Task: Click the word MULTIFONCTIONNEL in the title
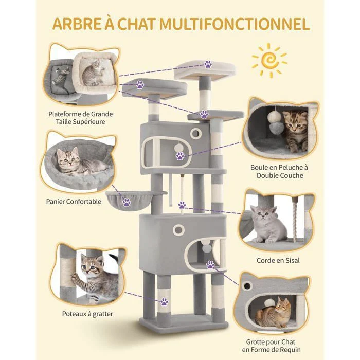[235, 24]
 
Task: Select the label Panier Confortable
[74, 202]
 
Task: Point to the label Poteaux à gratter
[87, 314]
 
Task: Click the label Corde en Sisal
[278, 260]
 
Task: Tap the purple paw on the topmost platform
[208, 64]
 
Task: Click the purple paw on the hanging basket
[127, 202]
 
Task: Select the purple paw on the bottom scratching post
[164, 302]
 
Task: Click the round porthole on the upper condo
[196, 133]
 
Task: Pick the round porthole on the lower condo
[178, 229]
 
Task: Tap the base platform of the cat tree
[184, 322]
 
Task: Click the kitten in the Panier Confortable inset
[79, 162]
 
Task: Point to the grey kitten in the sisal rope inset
[267, 224]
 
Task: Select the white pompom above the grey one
[273, 116]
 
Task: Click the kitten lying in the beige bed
[93, 73]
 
